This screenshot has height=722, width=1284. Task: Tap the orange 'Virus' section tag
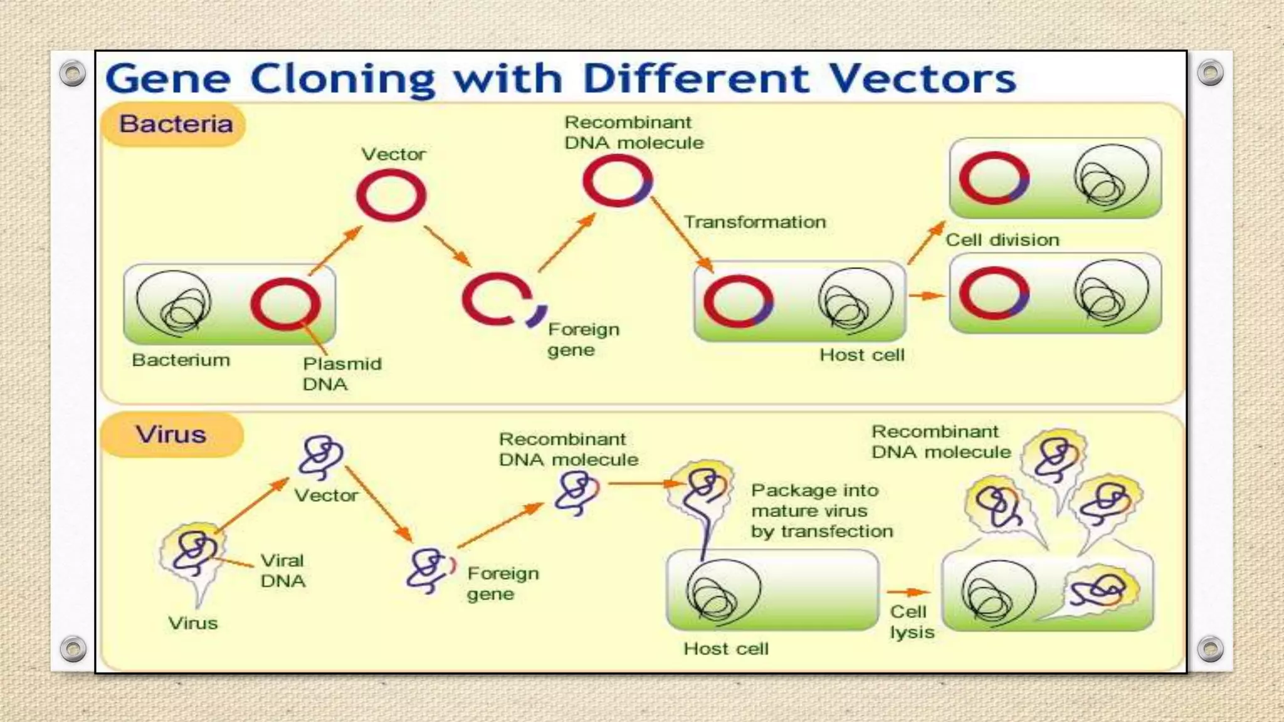(171, 434)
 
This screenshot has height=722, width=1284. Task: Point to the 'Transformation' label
(754, 222)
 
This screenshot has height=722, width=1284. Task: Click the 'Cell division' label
(1002, 240)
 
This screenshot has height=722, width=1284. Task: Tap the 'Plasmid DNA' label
(342, 374)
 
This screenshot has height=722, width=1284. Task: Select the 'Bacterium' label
(181, 360)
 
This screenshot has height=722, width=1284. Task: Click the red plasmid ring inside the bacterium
(285, 304)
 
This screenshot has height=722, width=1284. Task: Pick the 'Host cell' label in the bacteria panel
(861, 355)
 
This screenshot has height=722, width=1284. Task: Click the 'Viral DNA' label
(283, 570)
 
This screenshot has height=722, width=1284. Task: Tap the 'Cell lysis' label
(911, 622)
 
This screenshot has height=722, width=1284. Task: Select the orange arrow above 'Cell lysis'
(908, 592)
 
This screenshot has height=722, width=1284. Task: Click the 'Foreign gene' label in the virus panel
(502, 583)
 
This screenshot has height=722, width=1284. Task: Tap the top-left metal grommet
(73, 73)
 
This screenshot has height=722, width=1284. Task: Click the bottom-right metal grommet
(1210, 649)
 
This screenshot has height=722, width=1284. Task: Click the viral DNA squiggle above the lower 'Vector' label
(321, 456)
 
